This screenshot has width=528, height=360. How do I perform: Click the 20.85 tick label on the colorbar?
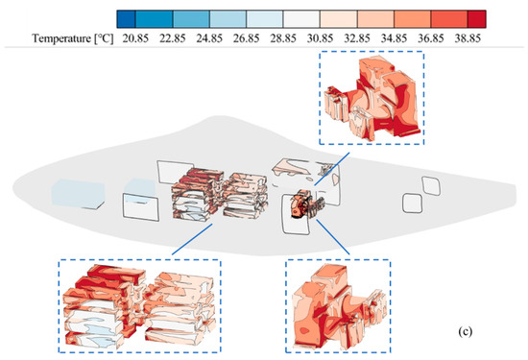[x=135, y=38]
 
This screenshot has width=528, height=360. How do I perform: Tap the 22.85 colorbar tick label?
[x=173, y=38]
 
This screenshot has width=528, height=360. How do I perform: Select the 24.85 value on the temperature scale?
[x=209, y=38]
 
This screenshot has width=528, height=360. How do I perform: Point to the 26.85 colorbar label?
[x=246, y=38]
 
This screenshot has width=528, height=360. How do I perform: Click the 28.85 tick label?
[x=283, y=38]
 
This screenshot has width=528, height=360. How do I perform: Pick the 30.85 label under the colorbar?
[x=320, y=38]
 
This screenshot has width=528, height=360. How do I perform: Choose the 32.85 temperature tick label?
[x=357, y=38]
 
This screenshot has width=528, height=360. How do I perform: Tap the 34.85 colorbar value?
[x=394, y=38]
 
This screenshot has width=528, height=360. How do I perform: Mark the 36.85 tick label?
[x=431, y=38]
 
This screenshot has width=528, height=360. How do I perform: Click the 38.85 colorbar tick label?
[x=468, y=38]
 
